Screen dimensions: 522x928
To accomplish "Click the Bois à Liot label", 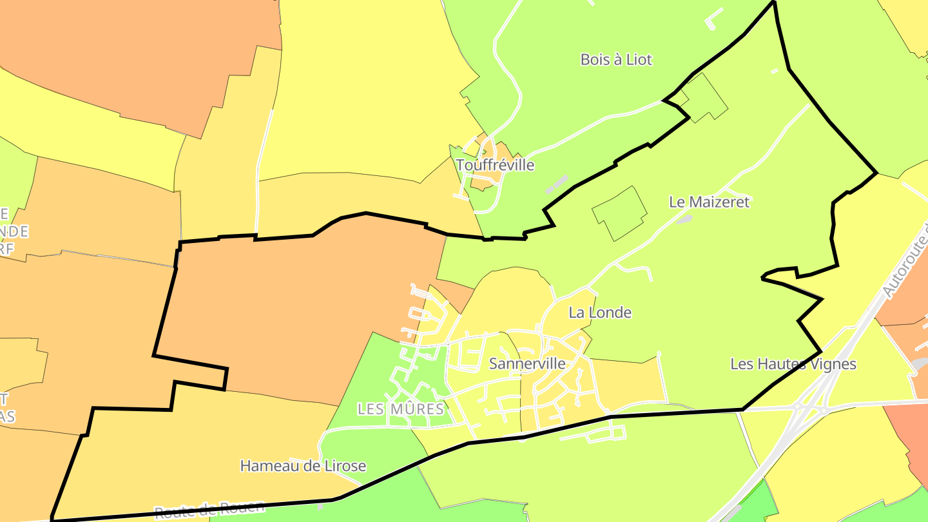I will [x=616, y=60].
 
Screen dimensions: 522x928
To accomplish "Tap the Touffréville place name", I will [x=496, y=165].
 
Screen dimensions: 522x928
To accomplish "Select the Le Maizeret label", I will [x=710, y=202].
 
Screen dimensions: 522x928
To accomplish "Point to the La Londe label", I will [x=600, y=313].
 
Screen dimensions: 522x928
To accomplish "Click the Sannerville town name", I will [x=527, y=364].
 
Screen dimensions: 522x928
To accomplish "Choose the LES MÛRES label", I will [x=401, y=409].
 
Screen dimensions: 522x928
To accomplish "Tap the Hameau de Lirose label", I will [x=303, y=466].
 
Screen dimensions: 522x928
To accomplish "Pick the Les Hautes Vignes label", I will [x=793, y=364].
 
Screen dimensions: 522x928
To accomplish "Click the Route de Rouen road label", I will [x=209, y=508].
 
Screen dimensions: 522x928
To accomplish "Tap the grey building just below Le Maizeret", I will [x=684, y=219].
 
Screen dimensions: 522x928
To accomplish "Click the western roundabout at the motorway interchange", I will [x=797, y=407].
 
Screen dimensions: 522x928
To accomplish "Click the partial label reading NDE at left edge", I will [x=14, y=231].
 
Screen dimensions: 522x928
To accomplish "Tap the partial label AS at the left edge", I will [x=7, y=416].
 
